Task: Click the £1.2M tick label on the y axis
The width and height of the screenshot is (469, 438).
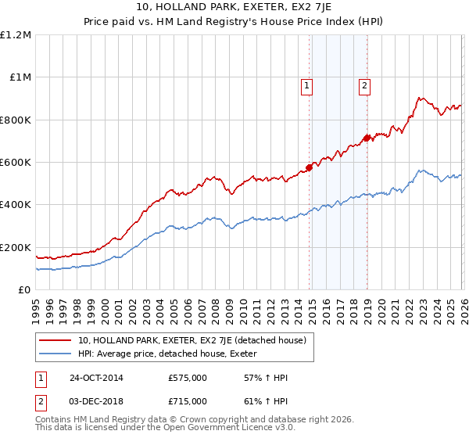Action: click(x=16, y=35)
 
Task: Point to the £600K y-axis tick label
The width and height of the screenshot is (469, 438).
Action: click(x=16, y=163)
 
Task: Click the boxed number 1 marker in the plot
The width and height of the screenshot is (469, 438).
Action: click(x=307, y=86)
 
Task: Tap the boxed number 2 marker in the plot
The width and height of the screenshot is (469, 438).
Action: click(x=365, y=86)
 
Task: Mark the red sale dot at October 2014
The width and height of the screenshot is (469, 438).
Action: click(x=309, y=167)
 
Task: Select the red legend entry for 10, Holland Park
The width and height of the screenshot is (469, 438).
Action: click(x=195, y=340)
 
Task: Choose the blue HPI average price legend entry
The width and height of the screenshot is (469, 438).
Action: click(x=173, y=354)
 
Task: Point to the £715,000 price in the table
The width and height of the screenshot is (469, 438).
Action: click(x=188, y=401)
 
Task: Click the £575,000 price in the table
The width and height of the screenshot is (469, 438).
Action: click(x=188, y=378)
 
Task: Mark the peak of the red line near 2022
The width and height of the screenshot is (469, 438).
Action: click(x=420, y=98)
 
